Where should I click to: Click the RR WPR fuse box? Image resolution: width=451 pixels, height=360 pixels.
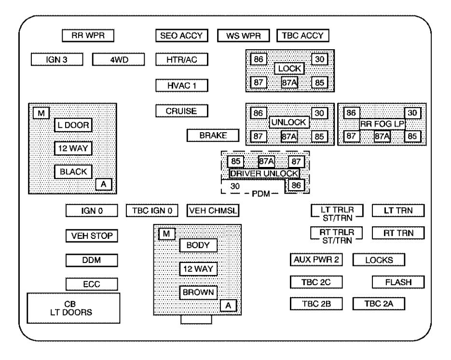(88, 35)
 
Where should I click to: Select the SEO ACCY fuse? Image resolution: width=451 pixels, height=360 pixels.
(182, 36)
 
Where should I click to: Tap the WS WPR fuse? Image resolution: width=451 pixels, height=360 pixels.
(244, 36)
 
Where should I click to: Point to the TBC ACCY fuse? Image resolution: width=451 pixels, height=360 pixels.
(303, 36)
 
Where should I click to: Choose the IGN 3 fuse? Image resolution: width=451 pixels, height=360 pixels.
(57, 59)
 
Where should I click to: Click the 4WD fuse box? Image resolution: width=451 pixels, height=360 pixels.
(119, 59)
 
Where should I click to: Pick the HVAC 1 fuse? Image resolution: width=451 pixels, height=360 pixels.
(182, 85)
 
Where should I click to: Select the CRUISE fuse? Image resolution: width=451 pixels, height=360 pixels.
(182, 111)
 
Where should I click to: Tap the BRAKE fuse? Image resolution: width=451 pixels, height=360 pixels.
(213, 135)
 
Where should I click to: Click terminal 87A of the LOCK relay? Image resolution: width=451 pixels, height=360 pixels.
(289, 83)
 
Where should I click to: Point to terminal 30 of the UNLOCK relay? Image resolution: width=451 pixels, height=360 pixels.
(319, 113)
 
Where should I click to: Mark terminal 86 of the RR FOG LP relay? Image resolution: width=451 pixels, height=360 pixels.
(351, 113)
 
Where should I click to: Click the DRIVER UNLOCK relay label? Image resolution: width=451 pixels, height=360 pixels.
(264, 174)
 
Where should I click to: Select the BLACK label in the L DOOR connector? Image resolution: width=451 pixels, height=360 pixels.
(73, 172)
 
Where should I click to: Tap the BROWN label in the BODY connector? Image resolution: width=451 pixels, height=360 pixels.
(198, 292)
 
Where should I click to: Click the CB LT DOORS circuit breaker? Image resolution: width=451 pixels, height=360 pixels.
(73, 308)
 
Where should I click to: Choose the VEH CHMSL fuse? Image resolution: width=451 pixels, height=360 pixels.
(213, 211)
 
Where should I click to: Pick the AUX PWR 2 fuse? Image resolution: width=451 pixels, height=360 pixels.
(316, 260)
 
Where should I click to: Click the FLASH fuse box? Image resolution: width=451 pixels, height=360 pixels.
(398, 282)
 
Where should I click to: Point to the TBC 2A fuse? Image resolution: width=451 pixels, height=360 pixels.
(379, 304)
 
